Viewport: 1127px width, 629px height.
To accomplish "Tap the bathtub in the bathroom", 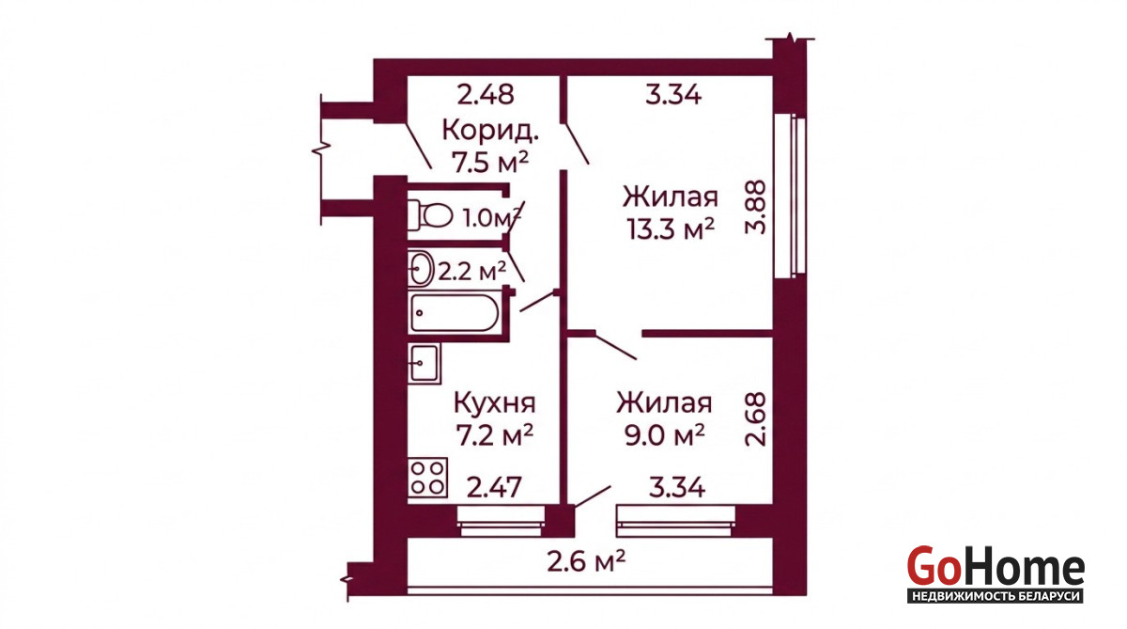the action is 455,313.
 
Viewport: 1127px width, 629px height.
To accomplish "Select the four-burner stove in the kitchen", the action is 427,478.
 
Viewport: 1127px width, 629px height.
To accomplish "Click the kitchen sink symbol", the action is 425,363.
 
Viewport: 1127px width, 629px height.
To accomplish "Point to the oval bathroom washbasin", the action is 421,268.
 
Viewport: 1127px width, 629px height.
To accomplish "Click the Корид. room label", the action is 490,131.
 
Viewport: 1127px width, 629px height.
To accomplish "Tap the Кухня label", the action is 495,403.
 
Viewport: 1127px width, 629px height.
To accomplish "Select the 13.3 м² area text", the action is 671,229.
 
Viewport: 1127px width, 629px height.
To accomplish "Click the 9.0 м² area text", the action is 664,435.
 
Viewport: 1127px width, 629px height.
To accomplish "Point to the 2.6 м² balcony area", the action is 586,561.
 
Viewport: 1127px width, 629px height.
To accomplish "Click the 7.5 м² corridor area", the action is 490,162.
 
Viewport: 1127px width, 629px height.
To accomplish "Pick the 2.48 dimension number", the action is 486,95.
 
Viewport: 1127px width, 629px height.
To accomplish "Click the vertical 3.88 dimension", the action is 755,207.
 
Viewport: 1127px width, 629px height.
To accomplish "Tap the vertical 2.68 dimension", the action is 755,419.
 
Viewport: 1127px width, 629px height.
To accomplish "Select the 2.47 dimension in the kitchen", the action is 494,487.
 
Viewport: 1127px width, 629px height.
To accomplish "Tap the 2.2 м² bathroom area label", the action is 471,272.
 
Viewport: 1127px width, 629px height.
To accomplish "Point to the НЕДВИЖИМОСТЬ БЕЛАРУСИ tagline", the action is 996,596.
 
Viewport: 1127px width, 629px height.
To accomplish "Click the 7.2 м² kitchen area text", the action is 494,435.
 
